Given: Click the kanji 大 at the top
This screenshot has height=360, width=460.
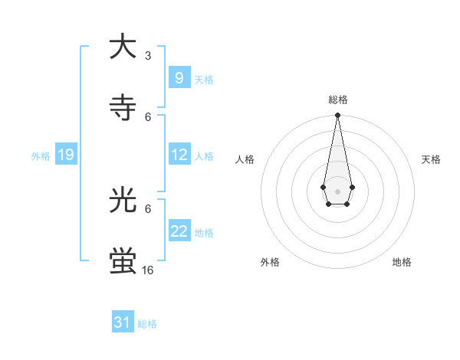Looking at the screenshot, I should [x=123, y=47].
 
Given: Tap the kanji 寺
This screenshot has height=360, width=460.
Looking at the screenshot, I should [x=123, y=108].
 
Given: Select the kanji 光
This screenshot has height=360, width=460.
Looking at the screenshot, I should [x=123, y=200].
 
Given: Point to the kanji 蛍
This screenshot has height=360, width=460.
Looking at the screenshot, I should [x=123, y=260].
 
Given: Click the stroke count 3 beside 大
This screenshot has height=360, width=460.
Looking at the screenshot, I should [x=148, y=56].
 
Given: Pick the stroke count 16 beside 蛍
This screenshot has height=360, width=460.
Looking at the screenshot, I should [x=148, y=270].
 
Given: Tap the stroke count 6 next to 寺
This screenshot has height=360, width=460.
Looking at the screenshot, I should [x=148, y=116].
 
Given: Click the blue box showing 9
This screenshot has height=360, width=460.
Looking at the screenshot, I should [x=179, y=78].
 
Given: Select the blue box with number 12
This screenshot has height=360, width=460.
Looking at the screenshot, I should [x=179, y=155].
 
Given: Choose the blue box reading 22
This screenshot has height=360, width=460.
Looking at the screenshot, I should [x=179, y=231].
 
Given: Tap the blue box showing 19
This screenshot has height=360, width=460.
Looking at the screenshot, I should [x=65, y=155].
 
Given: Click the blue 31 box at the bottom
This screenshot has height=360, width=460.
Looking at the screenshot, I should [x=123, y=322].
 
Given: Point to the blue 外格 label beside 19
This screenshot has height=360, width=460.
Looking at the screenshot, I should [x=41, y=155].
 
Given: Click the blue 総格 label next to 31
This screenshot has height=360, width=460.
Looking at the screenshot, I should [x=147, y=324].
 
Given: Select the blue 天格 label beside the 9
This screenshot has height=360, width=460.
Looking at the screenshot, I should [x=204, y=80].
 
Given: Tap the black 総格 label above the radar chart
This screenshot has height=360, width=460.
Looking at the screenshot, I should [x=337, y=100].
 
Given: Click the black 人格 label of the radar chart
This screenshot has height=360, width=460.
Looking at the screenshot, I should [x=245, y=159].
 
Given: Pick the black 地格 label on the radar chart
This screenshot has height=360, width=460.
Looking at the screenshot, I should [x=402, y=262].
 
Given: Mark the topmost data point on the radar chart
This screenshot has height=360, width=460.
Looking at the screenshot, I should [x=337, y=115].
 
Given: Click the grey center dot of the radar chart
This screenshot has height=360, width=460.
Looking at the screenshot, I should [x=337, y=190].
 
